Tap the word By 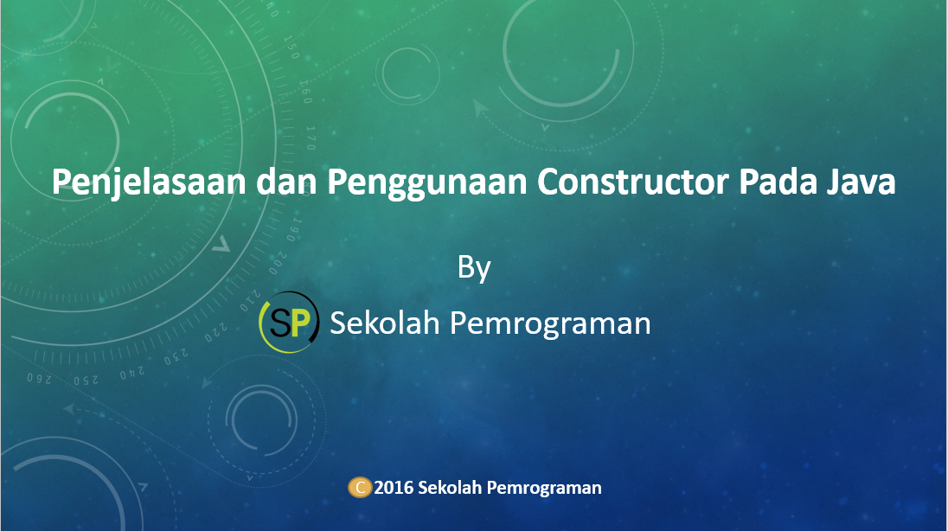pos(474,267)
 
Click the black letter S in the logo pos(279,323)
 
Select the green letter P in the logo pos(299,323)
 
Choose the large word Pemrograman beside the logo pos(551,323)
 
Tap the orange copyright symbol pos(360,487)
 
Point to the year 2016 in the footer pos(394,488)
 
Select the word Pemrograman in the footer pos(544,488)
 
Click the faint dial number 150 pos(291,48)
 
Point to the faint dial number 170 pos(311,137)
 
